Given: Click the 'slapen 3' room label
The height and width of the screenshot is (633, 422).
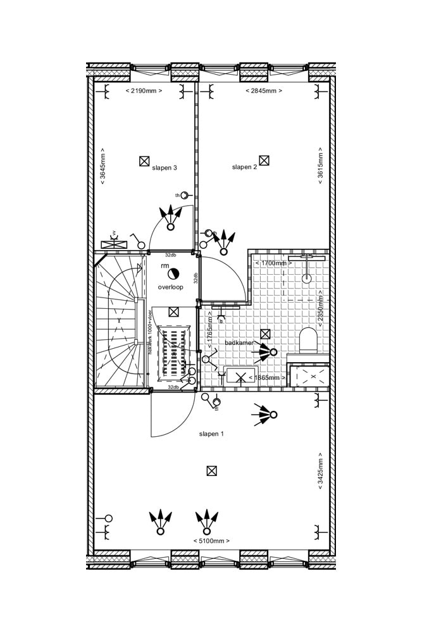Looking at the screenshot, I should pos(164,168).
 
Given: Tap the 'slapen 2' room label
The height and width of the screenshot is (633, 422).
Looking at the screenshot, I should pos(244,167).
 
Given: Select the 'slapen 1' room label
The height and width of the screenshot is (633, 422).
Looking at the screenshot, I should pos(211,434).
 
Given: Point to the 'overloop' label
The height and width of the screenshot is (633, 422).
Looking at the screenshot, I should pos(171,287).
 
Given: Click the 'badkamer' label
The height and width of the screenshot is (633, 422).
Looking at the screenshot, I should pos(239,342).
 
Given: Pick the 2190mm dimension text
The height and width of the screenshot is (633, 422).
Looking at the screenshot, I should pos(144,91).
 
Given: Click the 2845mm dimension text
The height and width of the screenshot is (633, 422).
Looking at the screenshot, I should pos(263,91).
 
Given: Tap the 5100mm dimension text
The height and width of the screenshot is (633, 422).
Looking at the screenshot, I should pos(211,541).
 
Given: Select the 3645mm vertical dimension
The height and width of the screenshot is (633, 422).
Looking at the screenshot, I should pos(102,166).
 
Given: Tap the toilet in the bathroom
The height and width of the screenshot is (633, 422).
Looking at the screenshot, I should pos(308,340).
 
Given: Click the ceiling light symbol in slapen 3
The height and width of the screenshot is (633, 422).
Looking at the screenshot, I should pos(144,161).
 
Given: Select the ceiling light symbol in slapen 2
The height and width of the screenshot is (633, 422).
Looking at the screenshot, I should pos(264,161).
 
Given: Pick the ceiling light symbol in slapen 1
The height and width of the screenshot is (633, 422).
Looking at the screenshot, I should pos(212,470).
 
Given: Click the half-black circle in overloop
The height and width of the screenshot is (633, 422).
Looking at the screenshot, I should pos(174,273).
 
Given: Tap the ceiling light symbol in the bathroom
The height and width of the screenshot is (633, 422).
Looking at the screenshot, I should pos(265,334).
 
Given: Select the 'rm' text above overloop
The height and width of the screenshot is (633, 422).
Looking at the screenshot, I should pos(165,266).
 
